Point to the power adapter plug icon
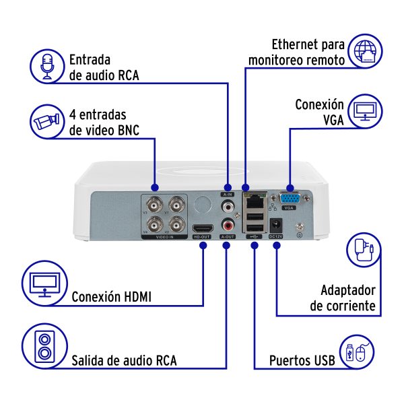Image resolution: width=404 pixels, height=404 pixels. tap(368, 250)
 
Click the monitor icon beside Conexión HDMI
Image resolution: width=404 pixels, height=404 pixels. tap(44, 283)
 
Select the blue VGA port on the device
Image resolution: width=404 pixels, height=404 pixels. tap(290, 199)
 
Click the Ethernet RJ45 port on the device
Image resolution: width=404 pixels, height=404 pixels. tap(255, 199)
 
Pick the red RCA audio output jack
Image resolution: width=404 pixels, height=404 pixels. tap(228, 226)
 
